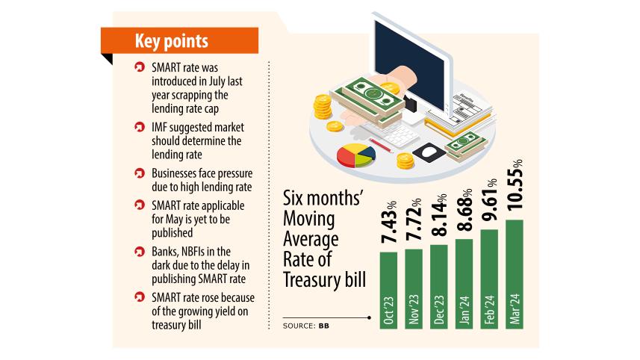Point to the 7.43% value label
tap(388, 224)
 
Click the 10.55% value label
tap(515, 189)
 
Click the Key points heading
tap(171, 40)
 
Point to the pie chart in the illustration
tap(355, 155)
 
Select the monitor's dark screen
tap(408, 45)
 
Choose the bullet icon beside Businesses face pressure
tap(139, 173)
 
